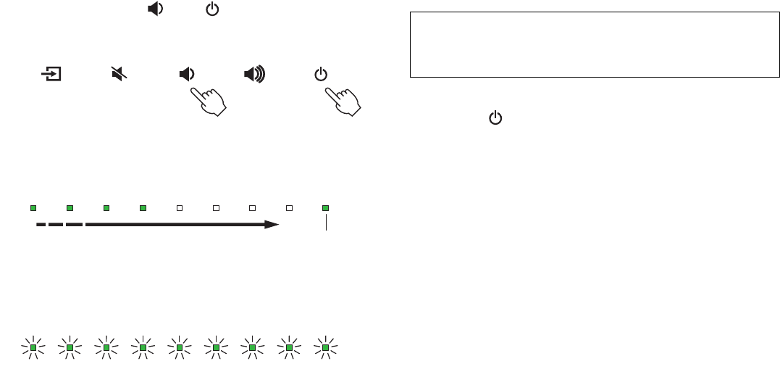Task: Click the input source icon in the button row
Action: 51,74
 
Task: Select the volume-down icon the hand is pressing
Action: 187,74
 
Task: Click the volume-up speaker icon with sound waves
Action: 254,74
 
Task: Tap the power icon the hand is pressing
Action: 322,74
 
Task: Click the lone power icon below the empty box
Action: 495,117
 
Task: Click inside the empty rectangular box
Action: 593,44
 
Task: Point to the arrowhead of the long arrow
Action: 272,225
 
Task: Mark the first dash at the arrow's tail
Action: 41,225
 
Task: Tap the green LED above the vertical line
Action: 325,207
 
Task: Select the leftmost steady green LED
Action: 33,207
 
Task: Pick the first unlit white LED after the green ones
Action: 180,207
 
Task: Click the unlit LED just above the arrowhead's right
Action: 289,207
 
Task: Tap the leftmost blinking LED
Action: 33,348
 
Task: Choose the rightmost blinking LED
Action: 325,348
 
